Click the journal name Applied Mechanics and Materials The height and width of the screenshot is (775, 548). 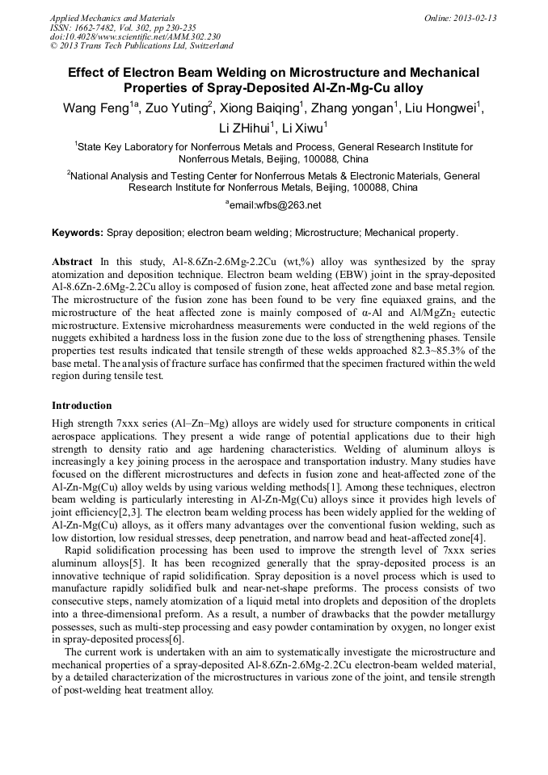click(112, 18)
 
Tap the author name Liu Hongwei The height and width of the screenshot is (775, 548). click(445, 109)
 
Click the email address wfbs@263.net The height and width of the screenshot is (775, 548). click(275, 205)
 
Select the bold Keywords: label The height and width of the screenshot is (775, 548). click(78, 233)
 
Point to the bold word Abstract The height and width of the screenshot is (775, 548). click(72, 262)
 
